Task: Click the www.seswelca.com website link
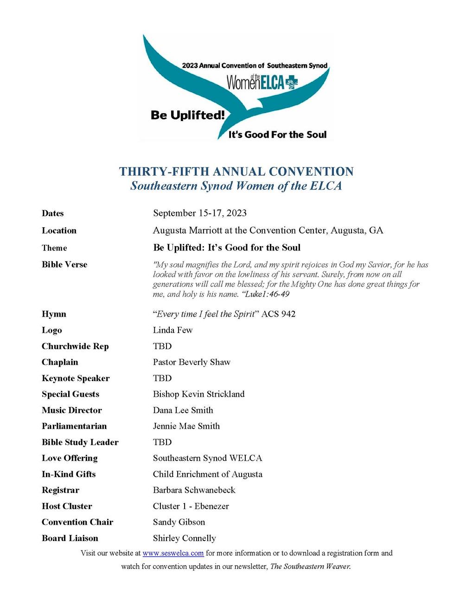pos(173,553)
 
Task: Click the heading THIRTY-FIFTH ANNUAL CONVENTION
pos(236,172)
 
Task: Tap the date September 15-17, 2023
pos(199,213)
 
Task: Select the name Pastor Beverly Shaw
pos(192,362)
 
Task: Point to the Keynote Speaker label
pos(76,378)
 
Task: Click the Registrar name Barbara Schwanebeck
pos(194,490)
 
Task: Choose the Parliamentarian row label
pos(74,426)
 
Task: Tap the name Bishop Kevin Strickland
pos(198,394)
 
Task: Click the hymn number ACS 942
pos(278,314)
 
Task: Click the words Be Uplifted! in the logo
pos(187,115)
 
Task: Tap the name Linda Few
pos(173,330)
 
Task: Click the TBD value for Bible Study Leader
pos(162,442)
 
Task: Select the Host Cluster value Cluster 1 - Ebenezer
pos(191,506)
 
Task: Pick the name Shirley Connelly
pos(184,538)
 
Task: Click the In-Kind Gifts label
pos(69,474)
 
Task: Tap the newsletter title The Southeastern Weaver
pos(310,567)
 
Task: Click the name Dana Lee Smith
pos(183,410)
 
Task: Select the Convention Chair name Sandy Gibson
pos(179,522)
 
